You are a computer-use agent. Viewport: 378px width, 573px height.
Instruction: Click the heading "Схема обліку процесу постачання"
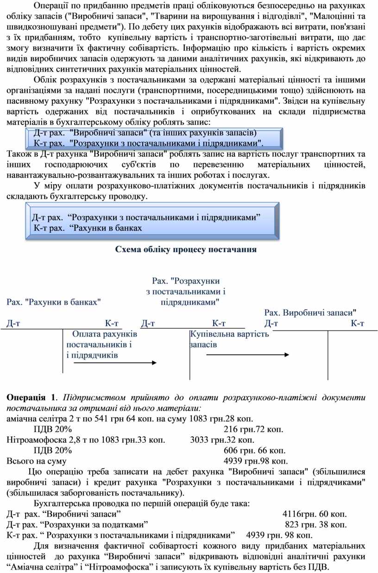click(x=186, y=249)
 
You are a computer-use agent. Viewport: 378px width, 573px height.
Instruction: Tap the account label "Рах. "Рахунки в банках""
click(x=54, y=302)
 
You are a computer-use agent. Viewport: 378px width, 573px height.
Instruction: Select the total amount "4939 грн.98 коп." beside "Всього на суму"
click(x=256, y=461)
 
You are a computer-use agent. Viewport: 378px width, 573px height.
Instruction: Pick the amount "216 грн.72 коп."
click(x=253, y=429)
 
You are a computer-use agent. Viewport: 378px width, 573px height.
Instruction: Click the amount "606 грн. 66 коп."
click(x=254, y=450)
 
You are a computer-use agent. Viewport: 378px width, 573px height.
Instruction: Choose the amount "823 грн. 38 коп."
click(x=316, y=524)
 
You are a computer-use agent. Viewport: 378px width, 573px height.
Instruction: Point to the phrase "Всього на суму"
click(x=36, y=461)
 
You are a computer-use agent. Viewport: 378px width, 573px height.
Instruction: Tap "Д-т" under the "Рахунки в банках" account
click(x=13, y=323)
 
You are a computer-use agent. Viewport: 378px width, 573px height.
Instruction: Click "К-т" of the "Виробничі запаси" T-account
click(x=357, y=323)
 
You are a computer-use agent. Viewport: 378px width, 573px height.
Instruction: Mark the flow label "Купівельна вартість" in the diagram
click(x=230, y=334)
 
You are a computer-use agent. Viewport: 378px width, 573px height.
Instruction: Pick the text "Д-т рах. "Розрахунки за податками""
click(x=77, y=524)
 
